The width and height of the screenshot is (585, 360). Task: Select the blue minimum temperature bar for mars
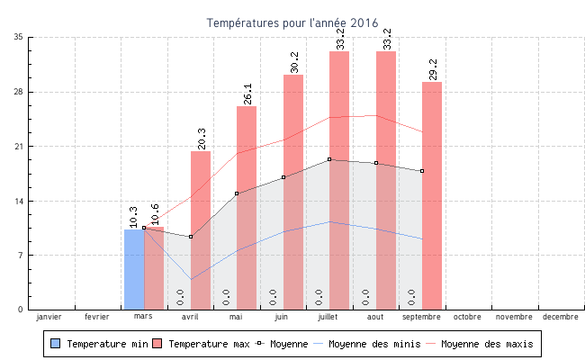tap(133, 270)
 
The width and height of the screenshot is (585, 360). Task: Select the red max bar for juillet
tap(339, 180)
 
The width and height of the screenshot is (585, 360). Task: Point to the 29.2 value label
tap(433, 69)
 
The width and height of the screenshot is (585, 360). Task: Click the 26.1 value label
tap(247, 94)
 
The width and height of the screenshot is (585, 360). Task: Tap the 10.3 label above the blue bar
tap(133, 216)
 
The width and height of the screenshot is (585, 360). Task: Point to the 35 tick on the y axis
tap(19, 37)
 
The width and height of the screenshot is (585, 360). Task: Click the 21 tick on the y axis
tap(19, 146)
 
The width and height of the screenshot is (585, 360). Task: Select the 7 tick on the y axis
tap(21, 255)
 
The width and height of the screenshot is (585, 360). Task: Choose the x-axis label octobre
tap(467, 317)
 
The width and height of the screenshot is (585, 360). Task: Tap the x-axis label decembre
tap(560, 317)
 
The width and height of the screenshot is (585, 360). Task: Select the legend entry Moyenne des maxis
tap(487, 344)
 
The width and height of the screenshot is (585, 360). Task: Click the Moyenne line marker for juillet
tap(329, 159)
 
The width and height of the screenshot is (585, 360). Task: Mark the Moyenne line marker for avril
tap(191, 237)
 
